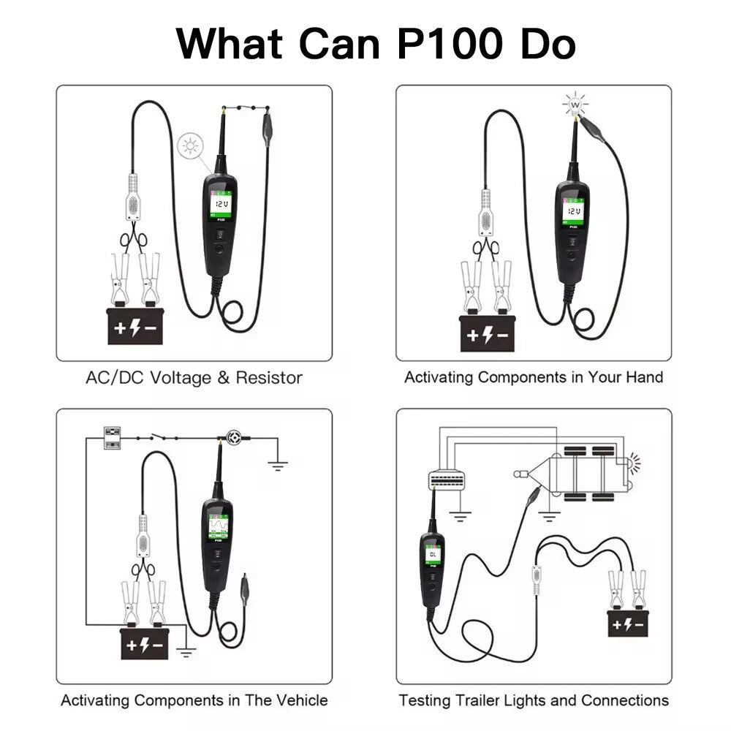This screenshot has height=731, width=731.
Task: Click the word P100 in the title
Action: [x=450, y=44]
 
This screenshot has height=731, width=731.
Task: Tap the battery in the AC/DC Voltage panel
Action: [x=135, y=326]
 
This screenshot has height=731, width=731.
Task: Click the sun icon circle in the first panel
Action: [x=190, y=146]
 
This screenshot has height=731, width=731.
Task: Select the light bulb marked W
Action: [x=575, y=105]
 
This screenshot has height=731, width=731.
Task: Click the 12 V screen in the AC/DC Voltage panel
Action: [x=221, y=204]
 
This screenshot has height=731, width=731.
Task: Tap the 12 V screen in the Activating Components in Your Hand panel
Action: [x=573, y=211]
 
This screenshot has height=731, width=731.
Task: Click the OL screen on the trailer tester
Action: [x=433, y=554]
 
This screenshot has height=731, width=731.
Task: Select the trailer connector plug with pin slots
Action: [x=447, y=480]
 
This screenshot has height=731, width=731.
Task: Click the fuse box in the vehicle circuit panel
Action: [x=112, y=438]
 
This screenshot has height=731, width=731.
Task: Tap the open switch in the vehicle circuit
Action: [x=157, y=437]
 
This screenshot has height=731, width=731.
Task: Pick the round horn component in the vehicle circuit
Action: [x=234, y=438]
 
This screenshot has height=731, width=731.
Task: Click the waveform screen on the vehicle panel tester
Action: [x=218, y=527]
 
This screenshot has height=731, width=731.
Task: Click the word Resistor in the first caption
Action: [x=269, y=378]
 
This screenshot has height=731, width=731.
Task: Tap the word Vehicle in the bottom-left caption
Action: [x=302, y=700]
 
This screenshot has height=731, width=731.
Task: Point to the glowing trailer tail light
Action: [x=634, y=463]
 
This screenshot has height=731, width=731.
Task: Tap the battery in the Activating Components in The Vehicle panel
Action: [x=145, y=644]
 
